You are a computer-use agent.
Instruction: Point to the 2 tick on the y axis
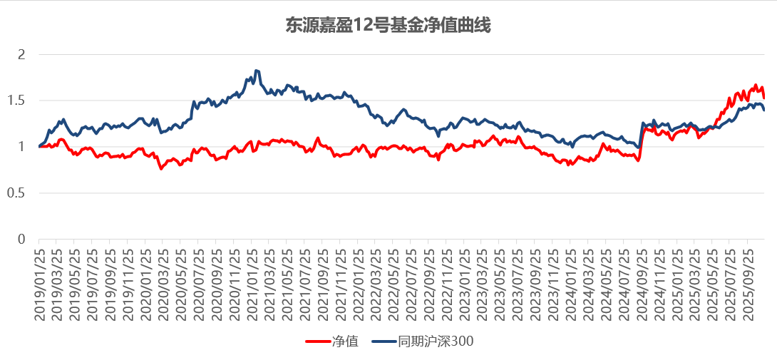21,54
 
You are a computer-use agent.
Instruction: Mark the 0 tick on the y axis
21,240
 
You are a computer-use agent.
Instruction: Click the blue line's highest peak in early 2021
256,71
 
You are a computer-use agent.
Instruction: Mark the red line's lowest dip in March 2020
162,168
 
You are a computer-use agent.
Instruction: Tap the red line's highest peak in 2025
756,85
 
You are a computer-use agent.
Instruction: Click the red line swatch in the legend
318,341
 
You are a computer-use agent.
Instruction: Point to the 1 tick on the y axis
21,147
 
